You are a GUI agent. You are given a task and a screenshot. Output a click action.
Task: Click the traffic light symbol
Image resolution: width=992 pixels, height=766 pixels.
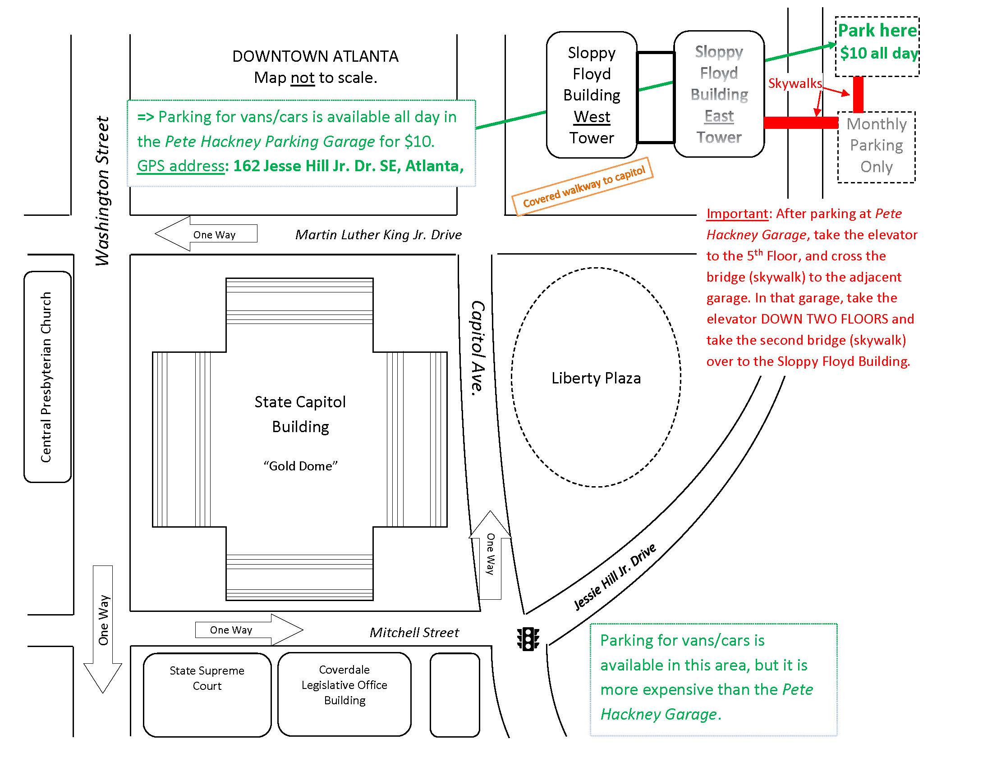[528, 639]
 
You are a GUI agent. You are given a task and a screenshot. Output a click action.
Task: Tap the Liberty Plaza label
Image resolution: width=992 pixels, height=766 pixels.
[596, 378]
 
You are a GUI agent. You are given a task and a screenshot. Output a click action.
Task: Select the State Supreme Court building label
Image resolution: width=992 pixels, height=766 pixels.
[207, 678]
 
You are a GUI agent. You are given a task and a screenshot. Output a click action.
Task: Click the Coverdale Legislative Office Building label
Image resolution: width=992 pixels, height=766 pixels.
[344, 685]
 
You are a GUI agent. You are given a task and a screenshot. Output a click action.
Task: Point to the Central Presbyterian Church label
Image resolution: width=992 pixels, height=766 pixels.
[46, 377]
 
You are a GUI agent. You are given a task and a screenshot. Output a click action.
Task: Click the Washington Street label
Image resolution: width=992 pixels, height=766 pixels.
[103, 191]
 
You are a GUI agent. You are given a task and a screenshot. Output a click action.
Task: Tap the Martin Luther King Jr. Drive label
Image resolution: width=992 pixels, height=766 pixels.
[378, 235]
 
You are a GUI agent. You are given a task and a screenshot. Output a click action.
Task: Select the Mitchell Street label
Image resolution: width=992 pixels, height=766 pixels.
[414, 632]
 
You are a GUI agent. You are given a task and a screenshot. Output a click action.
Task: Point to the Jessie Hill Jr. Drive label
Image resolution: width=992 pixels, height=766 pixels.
[615, 577]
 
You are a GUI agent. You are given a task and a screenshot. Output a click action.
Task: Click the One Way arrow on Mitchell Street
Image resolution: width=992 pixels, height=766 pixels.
[248, 630]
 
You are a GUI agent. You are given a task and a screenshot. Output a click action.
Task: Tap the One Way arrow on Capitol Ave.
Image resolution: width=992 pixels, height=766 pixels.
[490, 555]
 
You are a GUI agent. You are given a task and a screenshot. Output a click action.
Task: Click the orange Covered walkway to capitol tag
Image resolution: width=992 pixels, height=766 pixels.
[583, 187]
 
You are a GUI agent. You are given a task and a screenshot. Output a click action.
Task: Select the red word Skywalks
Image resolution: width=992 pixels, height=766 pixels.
[795, 83]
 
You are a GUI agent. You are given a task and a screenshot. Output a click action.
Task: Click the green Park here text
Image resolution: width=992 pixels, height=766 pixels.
[877, 31]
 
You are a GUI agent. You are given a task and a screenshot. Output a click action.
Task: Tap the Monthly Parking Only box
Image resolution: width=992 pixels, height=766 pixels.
[876, 146]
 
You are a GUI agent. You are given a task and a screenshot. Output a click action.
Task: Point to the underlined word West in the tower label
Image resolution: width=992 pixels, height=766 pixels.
[592, 117]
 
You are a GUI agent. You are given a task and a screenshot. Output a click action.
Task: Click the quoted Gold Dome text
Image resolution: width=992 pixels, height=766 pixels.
[300, 466]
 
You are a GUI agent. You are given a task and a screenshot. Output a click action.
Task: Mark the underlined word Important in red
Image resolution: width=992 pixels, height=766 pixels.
[737, 214]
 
